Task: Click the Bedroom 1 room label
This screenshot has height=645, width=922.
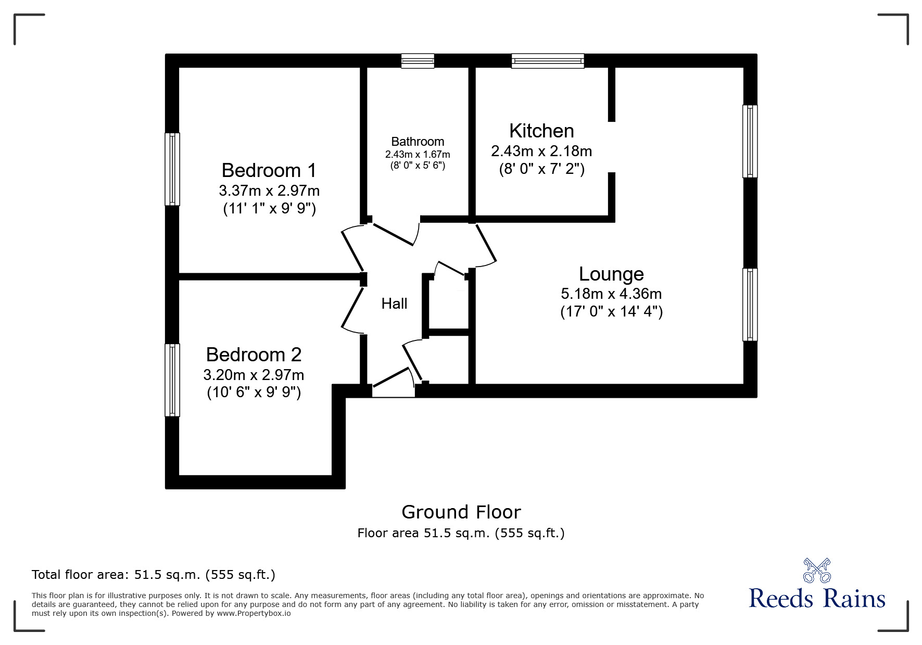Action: click(x=269, y=170)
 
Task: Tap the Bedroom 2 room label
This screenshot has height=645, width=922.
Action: click(x=254, y=355)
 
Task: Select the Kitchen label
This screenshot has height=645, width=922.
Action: click(x=541, y=131)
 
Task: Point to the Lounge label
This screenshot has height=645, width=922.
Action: click(x=611, y=274)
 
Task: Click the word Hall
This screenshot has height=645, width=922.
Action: click(x=394, y=303)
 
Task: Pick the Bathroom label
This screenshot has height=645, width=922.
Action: click(x=418, y=142)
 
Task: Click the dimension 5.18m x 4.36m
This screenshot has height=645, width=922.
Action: click(x=611, y=294)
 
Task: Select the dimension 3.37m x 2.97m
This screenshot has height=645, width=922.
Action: click(x=269, y=190)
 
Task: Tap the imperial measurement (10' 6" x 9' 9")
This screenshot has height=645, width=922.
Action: click(x=254, y=392)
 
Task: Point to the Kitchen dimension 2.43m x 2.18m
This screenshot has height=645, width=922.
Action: click(x=541, y=151)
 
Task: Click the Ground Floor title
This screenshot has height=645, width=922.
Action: click(x=461, y=512)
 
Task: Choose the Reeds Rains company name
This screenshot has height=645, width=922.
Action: click(x=817, y=599)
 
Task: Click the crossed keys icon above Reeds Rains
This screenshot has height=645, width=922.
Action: click(x=817, y=570)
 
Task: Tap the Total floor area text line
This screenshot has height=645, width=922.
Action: click(x=154, y=575)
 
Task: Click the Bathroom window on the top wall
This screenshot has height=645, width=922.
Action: click(x=418, y=61)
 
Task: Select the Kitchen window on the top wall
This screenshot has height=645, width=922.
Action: click(x=548, y=61)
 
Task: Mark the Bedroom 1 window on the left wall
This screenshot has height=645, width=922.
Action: click(x=172, y=169)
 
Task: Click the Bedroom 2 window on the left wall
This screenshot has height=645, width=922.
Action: click(x=172, y=380)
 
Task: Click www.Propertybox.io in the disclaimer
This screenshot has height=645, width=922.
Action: click(x=254, y=613)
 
